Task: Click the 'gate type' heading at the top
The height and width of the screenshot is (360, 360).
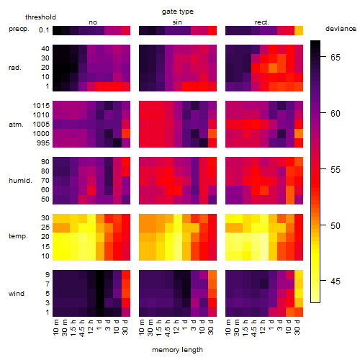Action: tap(178, 12)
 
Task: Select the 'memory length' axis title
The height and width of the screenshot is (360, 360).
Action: tap(178, 350)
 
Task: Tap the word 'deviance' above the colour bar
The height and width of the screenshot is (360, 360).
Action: tap(341, 29)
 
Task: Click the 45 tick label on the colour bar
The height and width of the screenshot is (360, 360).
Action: tap(336, 281)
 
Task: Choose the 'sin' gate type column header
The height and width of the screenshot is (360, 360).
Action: tap(177, 22)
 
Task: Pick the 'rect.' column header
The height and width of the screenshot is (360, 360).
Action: tap(262, 22)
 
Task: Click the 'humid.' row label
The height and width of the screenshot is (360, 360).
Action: tap(20, 181)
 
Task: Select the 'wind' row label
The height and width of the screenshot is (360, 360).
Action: tap(17, 294)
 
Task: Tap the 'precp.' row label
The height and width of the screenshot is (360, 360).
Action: tap(19, 29)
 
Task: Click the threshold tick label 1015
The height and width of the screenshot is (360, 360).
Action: tap(41, 105)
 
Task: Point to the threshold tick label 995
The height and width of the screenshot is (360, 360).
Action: tap(43, 143)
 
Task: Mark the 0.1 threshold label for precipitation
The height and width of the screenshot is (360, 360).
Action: tap(44, 30)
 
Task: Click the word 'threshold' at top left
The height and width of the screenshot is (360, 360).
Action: tap(40, 17)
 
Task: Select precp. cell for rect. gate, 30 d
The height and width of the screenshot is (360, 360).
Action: tap(299, 30)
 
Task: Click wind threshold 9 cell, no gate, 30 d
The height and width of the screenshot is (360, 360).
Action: tap(126, 275)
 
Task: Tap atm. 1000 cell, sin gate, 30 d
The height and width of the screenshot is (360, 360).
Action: tap(212, 134)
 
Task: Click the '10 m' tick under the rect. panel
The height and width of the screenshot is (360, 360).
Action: tap(228, 328)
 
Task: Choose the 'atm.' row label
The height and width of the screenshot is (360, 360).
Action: tap(16, 125)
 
